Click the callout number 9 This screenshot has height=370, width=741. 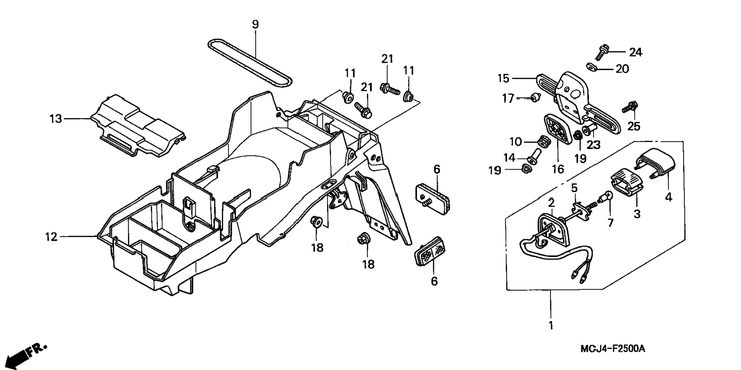pos(255,24)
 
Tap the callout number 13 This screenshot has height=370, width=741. pos(56,119)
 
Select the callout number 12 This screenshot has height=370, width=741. pos(51,237)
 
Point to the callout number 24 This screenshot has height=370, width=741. pos(636,52)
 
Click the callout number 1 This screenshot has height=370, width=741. pos(551,325)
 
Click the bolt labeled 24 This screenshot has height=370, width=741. pos(602,52)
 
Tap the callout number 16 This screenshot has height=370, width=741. pos(558,168)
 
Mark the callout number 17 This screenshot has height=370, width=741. pos(508,99)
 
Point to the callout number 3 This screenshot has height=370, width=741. pos(637,214)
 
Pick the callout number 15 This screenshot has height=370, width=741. pos(503,78)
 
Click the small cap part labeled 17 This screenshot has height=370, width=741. pos(534,98)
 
